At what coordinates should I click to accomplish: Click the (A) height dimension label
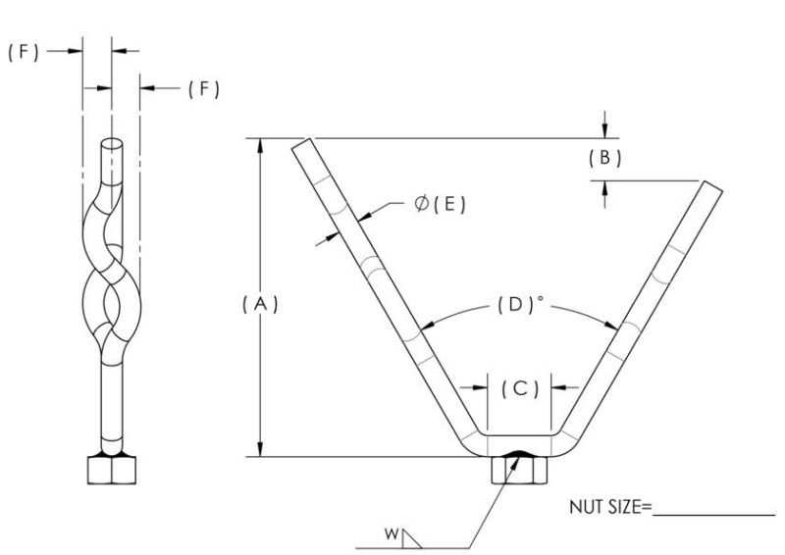261,304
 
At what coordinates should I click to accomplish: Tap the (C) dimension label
520,388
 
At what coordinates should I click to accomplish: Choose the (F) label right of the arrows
203,89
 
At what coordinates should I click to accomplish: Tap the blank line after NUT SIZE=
714,513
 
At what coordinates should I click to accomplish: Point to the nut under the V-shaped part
518,472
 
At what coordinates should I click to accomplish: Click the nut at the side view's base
111,470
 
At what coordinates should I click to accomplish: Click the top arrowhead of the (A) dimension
260,144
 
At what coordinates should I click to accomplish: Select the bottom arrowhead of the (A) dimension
260,450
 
